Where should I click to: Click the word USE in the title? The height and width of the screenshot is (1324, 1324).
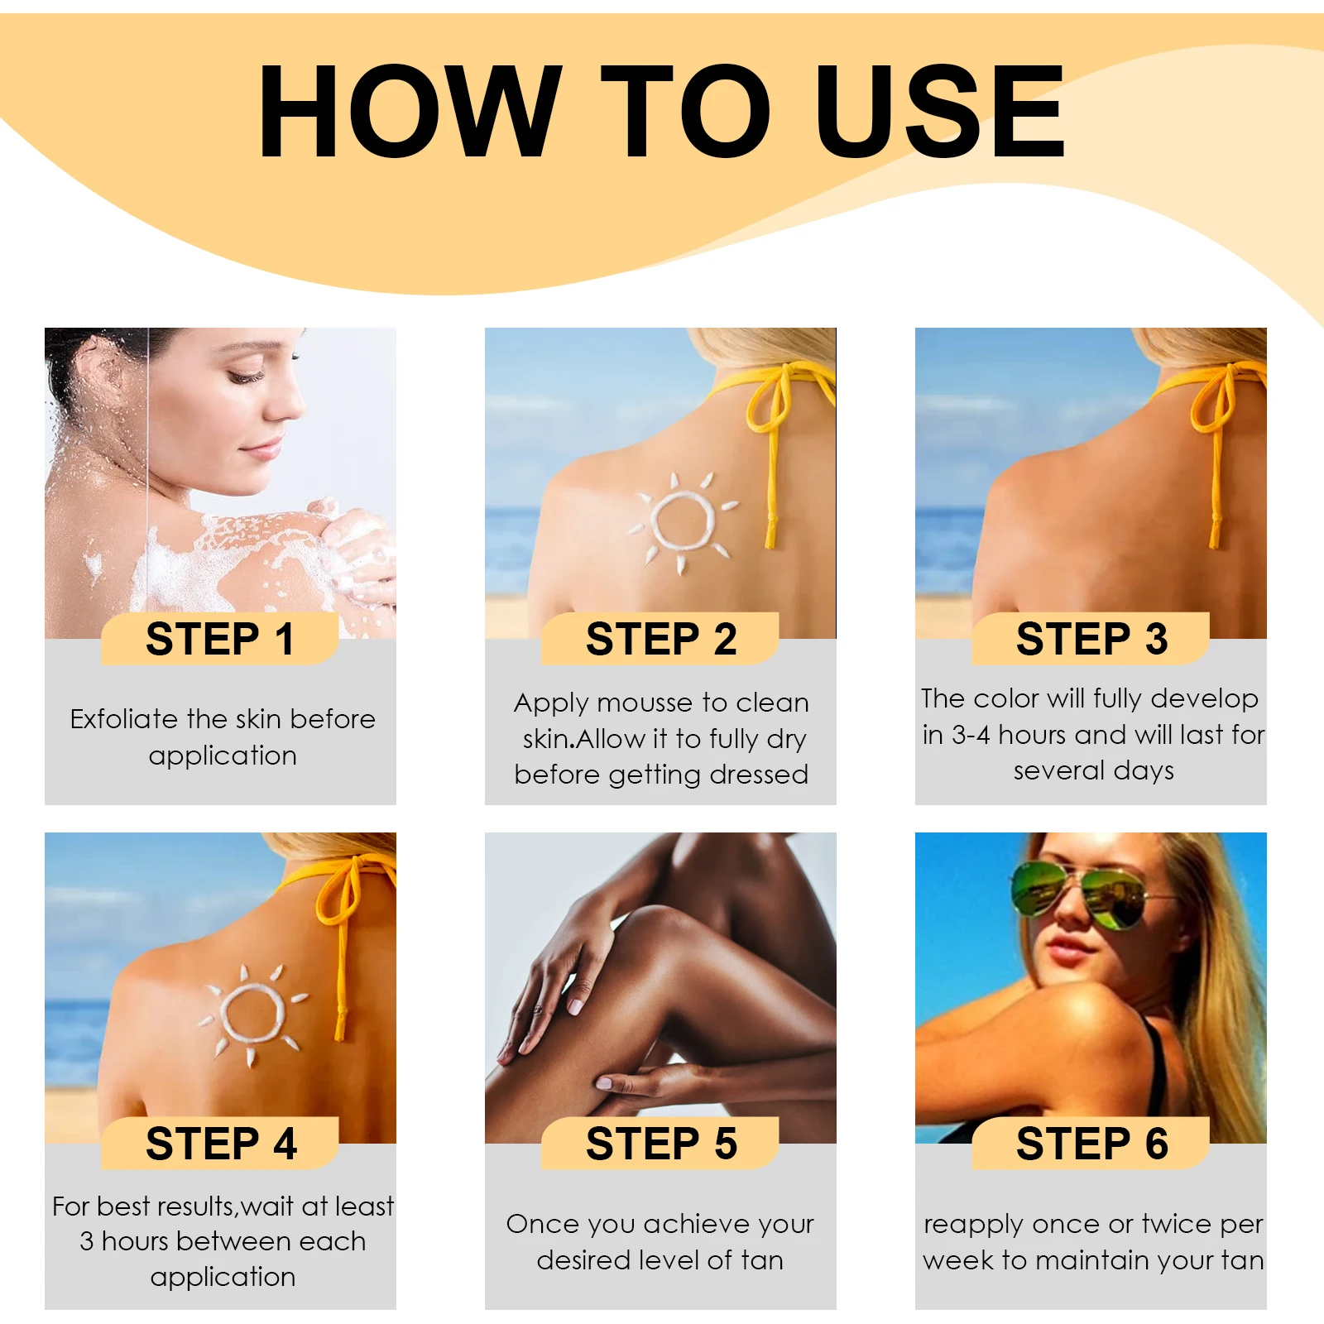coord(939,112)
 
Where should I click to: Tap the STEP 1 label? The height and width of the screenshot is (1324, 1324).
coord(220,639)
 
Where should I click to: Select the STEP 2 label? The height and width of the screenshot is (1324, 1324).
coord(660,639)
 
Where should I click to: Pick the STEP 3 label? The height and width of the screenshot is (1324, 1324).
coord(1091,639)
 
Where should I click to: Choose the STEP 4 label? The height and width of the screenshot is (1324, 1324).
coord(220,1144)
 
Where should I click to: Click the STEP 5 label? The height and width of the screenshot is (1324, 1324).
coord(660,1144)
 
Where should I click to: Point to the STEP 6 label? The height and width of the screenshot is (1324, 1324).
coord(1091,1144)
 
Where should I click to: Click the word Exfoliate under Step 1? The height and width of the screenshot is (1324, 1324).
coord(124,718)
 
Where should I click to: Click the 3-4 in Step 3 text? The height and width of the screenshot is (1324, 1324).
coord(970,735)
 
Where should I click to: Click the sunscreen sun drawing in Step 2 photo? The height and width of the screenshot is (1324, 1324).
coord(683,521)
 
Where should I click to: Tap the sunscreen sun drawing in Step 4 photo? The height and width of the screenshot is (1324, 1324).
coord(252,1014)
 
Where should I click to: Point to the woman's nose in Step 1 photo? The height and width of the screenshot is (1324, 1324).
coord(291,405)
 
